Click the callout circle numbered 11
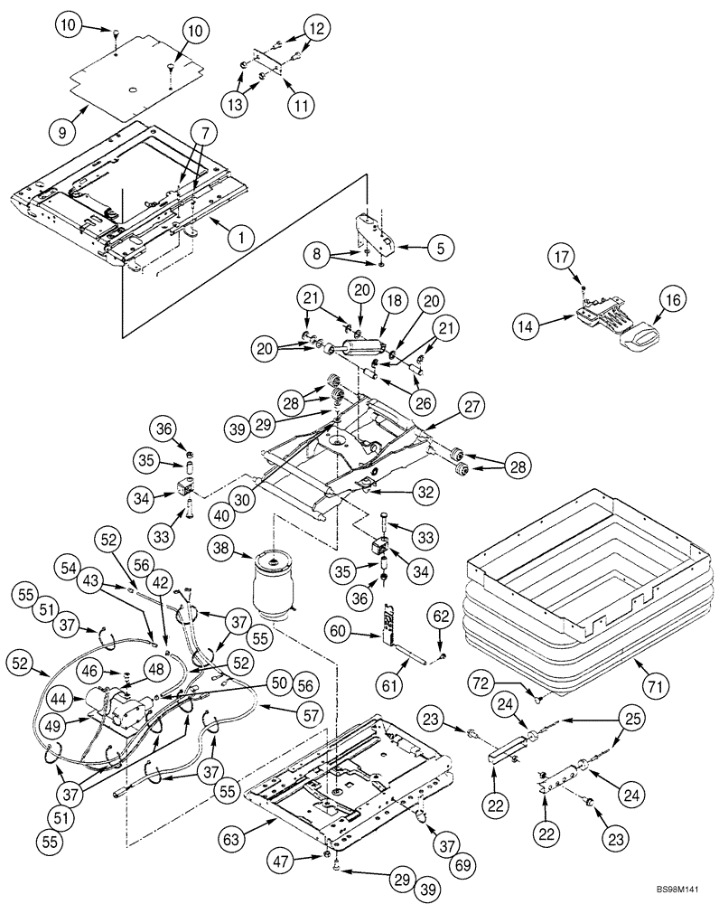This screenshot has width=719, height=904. [x=301, y=104]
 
